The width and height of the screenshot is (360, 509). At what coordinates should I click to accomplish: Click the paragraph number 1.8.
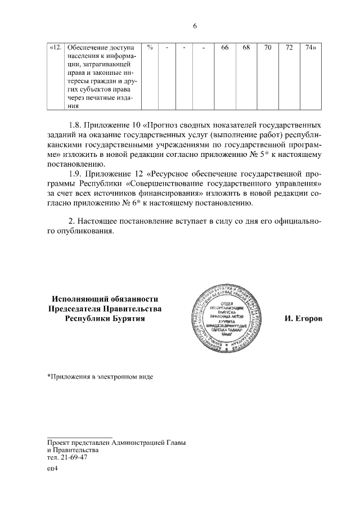(x=75, y=123)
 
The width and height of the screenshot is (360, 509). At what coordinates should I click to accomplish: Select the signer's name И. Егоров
(x=303, y=319)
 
